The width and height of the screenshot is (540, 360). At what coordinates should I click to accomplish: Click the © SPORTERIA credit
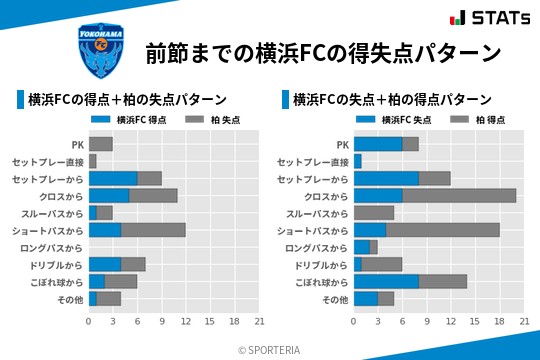click(270, 349)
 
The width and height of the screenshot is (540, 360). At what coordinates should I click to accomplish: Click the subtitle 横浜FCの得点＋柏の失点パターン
click(126, 100)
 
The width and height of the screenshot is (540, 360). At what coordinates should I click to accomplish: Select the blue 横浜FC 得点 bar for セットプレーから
click(113, 178)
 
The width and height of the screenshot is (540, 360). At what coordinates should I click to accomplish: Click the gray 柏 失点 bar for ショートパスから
click(153, 230)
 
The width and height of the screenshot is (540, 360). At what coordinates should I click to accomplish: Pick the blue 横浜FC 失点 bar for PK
click(378, 144)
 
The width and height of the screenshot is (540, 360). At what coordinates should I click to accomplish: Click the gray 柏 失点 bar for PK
click(100, 144)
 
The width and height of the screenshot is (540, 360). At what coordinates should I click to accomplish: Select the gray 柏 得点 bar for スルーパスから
click(374, 213)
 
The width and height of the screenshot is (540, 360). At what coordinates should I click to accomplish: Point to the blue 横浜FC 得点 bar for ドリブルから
click(105, 264)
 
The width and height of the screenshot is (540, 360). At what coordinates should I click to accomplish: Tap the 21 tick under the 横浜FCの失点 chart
click(524, 321)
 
